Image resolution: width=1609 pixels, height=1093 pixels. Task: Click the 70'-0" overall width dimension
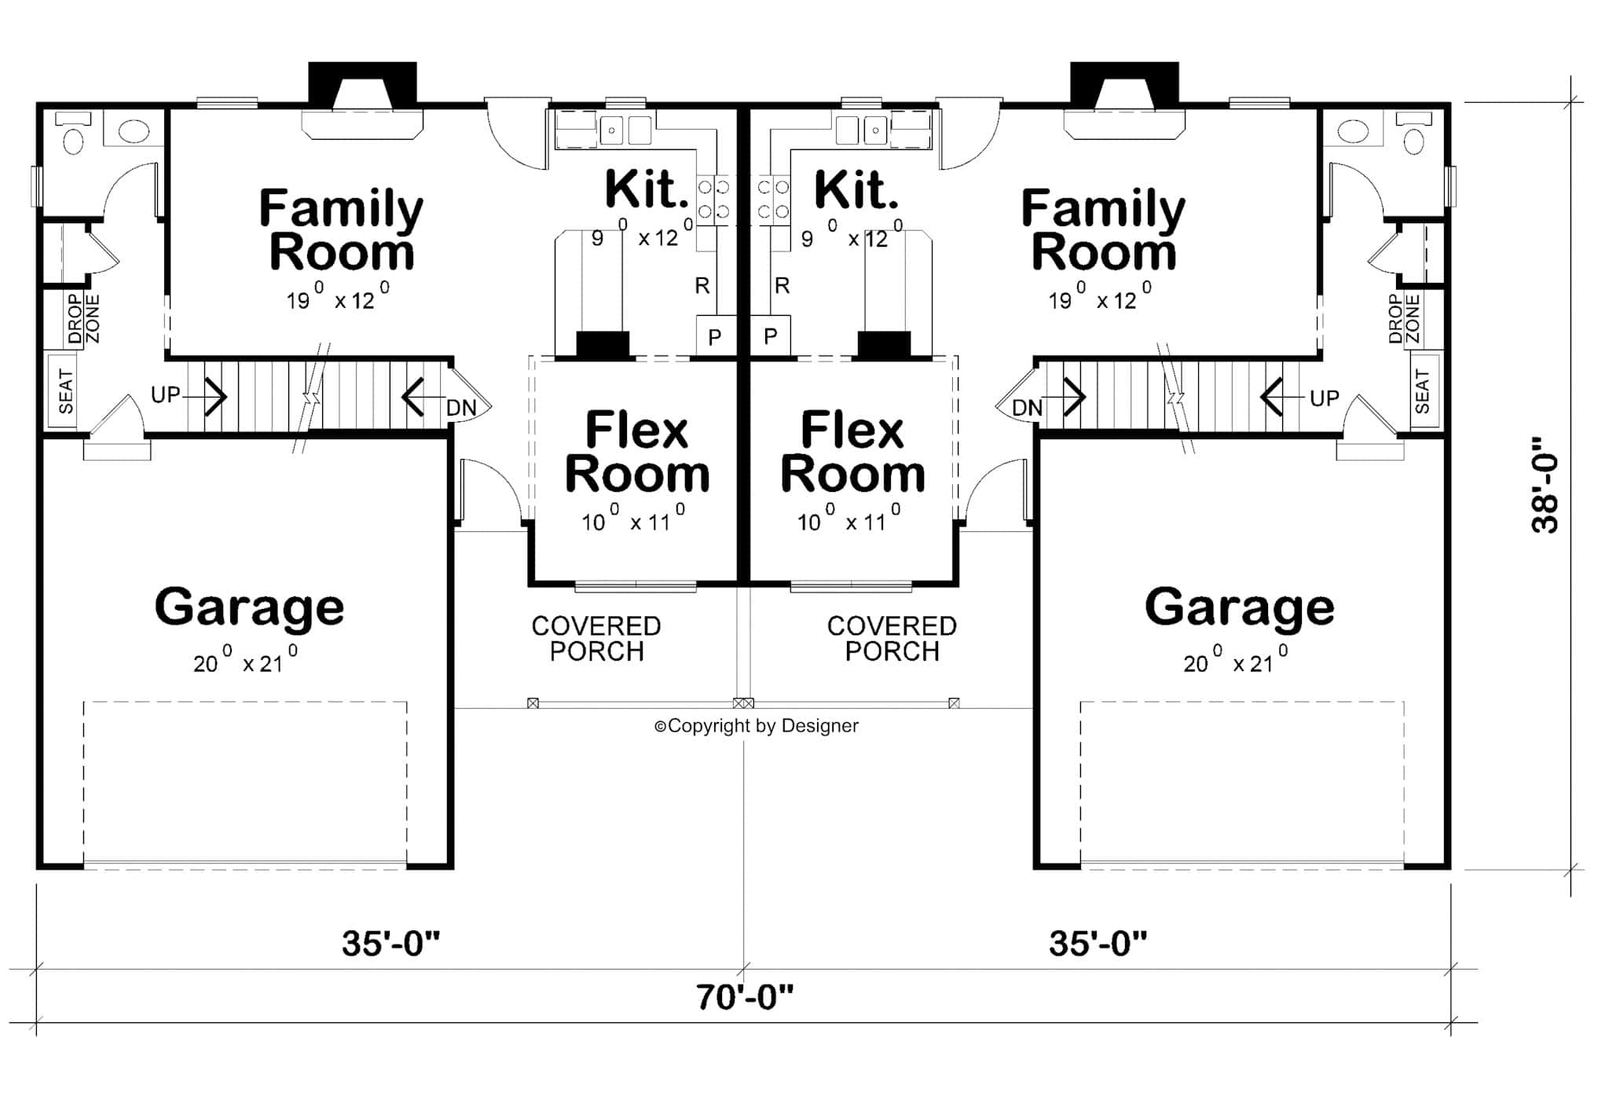tap(744, 997)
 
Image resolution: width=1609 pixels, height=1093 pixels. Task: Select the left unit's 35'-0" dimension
tap(390, 943)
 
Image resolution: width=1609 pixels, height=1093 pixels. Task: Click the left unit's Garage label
tap(249, 607)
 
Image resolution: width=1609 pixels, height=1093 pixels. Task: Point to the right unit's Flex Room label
tap(852, 453)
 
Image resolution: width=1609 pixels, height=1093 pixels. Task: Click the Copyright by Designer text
tap(757, 726)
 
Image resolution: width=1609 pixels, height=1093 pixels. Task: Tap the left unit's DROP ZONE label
tap(83, 319)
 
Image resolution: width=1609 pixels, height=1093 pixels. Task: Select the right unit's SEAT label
tap(1422, 391)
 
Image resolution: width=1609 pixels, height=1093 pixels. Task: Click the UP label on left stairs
tap(165, 394)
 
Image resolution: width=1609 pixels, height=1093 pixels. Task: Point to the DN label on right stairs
tap(1026, 408)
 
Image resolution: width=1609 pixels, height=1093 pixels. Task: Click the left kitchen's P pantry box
tap(715, 336)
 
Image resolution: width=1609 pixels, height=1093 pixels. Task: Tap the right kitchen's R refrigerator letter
tap(781, 285)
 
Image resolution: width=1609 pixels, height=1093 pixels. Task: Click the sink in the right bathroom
tap(1353, 131)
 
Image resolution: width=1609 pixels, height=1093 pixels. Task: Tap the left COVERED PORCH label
tap(596, 638)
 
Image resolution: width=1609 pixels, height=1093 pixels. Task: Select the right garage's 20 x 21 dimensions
tap(1235, 662)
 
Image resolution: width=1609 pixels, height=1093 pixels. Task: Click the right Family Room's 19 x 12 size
tap(1100, 299)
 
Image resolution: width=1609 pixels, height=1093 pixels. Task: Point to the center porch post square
tap(743, 702)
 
